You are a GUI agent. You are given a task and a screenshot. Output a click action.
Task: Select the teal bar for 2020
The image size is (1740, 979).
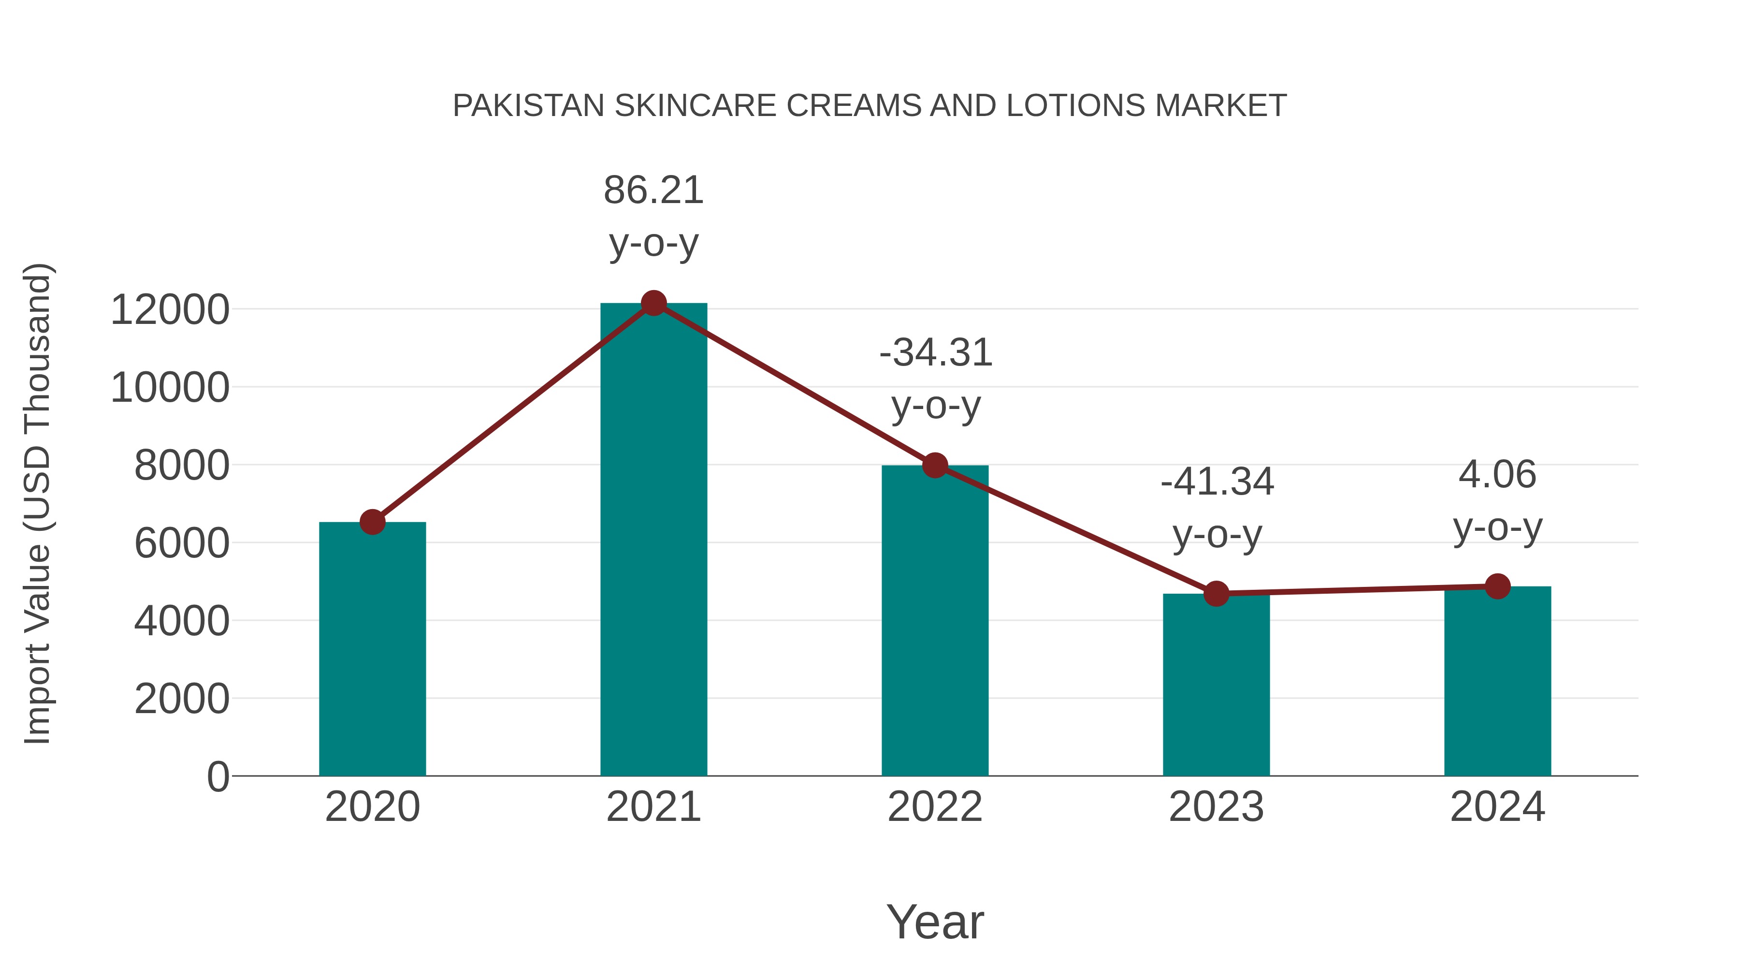click(x=372, y=649)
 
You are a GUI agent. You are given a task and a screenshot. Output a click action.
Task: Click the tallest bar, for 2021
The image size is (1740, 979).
click(x=653, y=541)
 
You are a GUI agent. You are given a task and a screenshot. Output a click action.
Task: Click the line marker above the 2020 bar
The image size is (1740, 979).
click(x=372, y=522)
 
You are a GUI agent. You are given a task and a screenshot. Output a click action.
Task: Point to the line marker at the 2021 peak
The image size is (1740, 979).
click(x=653, y=303)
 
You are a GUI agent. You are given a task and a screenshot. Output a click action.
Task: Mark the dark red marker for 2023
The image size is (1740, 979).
click(x=1216, y=594)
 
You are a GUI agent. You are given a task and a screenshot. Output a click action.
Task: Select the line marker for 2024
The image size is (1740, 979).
click(x=1497, y=586)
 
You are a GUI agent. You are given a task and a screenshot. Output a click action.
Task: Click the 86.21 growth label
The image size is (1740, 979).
click(x=653, y=190)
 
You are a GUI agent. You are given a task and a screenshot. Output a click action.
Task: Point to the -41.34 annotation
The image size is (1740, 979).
click(x=1217, y=482)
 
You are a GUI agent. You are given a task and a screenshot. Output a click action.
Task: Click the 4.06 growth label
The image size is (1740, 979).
click(x=1497, y=474)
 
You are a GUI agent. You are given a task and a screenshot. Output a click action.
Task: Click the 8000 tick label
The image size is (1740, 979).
click(x=182, y=466)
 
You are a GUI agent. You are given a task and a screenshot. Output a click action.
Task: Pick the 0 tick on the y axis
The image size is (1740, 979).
click(x=217, y=776)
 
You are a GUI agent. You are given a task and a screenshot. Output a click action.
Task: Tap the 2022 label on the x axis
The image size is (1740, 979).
click(x=935, y=807)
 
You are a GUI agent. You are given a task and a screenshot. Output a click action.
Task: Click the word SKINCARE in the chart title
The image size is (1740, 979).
click(x=695, y=106)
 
